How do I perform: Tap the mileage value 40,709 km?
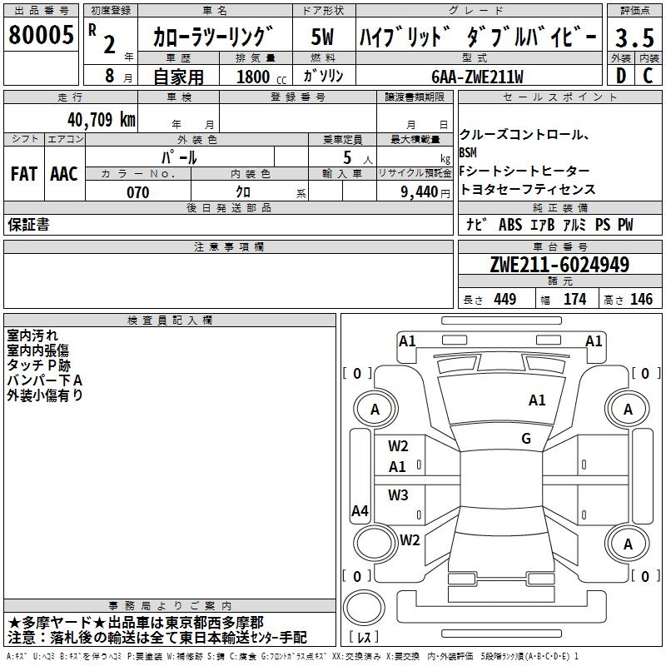[x=102, y=120]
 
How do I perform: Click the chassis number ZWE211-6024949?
[x=559, y=266]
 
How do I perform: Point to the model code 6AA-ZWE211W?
[x=477, y=77]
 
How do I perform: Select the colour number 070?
[x=137, y=192]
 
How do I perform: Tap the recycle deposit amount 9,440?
[x=414, y=192]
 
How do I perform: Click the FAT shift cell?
[x=23, y=173]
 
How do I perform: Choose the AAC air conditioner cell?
[x=63, y=173]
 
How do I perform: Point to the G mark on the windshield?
[x=525, y=439]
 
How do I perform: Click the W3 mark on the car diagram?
[x=398, y=495]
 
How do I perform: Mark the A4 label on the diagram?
[x=360, y=511]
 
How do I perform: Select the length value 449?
[x=504, y=300]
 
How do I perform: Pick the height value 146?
[x=641, y=300]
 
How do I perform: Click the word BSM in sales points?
[x=469, y=153]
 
